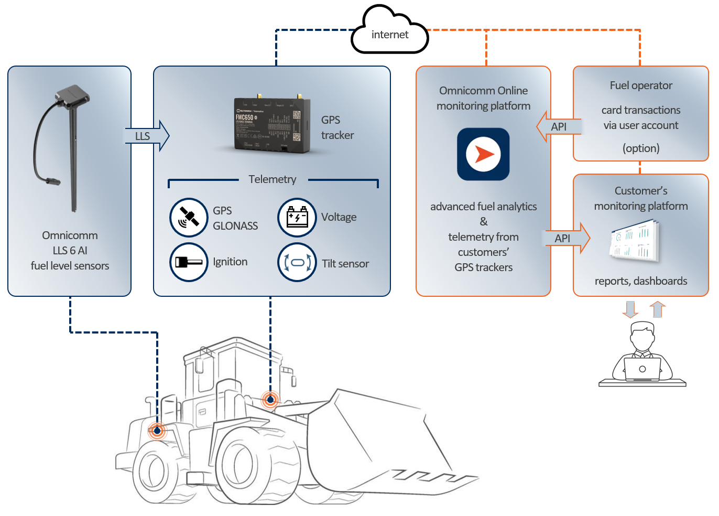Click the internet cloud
389,33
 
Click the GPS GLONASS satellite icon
189,217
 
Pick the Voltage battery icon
297,217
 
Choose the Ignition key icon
189,262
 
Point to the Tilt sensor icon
297,262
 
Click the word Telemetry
272,179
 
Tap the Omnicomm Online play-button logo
483,154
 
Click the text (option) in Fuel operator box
641,148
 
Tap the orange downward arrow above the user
630,309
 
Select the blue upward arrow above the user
658,309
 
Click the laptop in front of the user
642,369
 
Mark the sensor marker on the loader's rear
157,431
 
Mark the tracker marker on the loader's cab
270,400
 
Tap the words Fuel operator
641,85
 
